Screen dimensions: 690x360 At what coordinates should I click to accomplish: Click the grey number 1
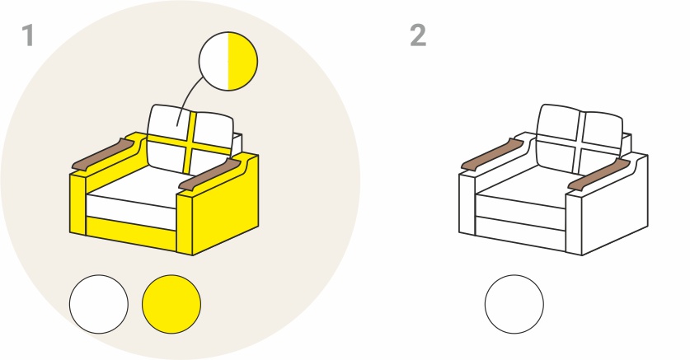tap(28, 35)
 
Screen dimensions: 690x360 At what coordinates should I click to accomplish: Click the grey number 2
tap(418, 35)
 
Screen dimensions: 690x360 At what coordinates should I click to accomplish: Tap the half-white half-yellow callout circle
tap(228, 61)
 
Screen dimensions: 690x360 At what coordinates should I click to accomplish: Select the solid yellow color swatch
tap(171, 304)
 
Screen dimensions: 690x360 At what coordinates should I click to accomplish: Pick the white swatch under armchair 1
tap(99, 304)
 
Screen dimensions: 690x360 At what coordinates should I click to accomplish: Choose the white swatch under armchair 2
tap(514, 304)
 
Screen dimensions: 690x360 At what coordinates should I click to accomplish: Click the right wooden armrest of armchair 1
tap(210, 175)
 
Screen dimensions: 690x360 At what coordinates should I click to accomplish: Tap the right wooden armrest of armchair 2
tap(599, 175)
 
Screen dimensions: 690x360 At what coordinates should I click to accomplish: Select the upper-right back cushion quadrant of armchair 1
tap(214, 129)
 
